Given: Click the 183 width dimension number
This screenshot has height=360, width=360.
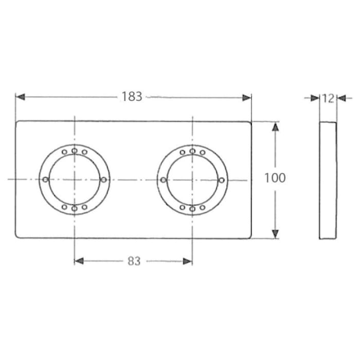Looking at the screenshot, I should pos(132,97).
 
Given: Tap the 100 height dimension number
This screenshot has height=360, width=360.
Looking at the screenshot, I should pos(275,178).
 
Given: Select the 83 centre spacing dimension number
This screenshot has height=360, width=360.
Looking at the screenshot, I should pos(134,261).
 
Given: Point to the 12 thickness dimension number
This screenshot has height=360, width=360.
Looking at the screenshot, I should pos(328,98).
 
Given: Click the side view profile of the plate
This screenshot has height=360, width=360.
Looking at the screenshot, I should pos(328,180).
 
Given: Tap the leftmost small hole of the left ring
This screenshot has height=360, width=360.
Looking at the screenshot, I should pos(45,179).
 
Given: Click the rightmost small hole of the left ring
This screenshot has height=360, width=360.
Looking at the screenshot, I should pos(104,179).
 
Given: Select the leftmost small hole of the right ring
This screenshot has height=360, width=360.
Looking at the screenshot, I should pos(163,179).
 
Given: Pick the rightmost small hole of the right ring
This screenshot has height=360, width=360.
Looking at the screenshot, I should pos(222,179).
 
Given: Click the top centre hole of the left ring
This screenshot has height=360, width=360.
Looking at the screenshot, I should pos(75,151).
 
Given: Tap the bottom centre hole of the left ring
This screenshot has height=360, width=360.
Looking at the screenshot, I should pos(75,208).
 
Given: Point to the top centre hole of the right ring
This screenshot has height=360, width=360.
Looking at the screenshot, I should pos(192,151).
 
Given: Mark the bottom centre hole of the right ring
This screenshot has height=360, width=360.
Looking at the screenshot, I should pos(192,208).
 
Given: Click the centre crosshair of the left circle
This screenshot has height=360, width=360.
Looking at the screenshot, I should pos(75,179).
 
